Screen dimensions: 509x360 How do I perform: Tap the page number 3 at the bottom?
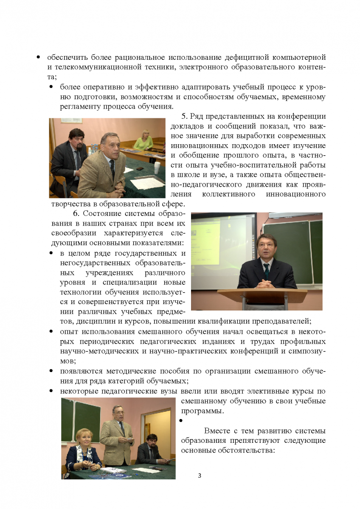[x=200, y=475]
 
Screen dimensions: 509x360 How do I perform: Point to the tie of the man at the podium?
[x=266, y=270]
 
